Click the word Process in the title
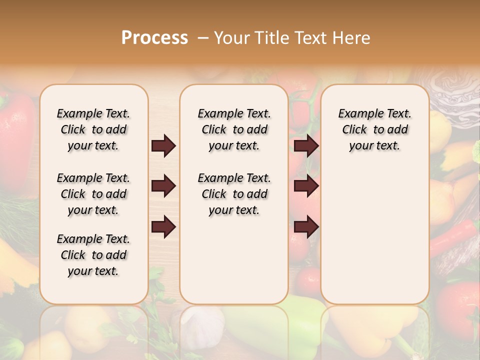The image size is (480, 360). pos(154,37)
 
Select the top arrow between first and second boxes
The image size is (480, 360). pos(163,146)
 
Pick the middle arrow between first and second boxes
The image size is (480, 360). pos(163,186)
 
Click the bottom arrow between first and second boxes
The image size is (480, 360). pos(163,226)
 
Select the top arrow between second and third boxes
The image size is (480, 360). pos(306,146)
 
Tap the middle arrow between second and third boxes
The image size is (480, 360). pos(306,186)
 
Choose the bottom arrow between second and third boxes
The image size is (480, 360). pos(306,226)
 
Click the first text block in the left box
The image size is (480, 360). pos(93,129)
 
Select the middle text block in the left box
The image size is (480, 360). pos(93,194)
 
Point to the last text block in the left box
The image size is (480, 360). pos(93,255)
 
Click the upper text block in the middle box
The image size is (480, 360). pos(234,129)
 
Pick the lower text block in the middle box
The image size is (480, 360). pos(234,194)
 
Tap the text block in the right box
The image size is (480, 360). pos(375,129)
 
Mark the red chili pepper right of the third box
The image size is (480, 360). pos(452,235)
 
